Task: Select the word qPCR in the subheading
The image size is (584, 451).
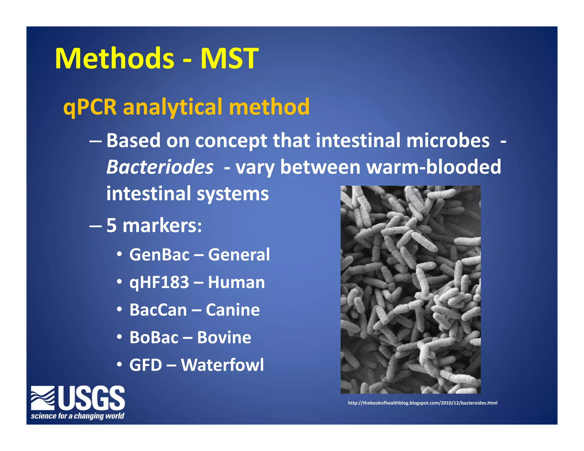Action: tap(90, 107)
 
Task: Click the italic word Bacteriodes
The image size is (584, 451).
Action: tap(160, 167)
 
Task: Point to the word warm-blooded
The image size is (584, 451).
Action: tap(433, 167)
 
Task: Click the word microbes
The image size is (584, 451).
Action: tap(448, 141)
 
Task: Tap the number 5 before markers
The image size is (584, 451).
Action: tap(111, 225)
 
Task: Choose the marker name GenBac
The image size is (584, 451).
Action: tap(159, 255)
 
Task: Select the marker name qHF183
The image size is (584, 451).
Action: tap(159, 283)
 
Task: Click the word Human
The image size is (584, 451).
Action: tap(236, 283)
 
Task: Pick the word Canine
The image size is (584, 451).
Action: tap(233, 310)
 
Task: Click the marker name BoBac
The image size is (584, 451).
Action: tap(154, 338)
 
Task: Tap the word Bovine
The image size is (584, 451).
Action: tap(224, 338)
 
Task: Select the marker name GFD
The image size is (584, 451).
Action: tap(146, 365)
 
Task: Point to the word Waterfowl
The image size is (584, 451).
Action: tap(222, 365)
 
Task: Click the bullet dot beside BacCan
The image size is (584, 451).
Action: tap(119, 309)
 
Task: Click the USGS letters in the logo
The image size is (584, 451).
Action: tap(92, 398)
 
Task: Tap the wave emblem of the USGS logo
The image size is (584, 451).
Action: tap(43, 398)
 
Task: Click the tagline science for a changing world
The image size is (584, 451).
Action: tap(78, 416)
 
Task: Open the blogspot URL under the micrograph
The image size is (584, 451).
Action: tap(423, 403)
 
